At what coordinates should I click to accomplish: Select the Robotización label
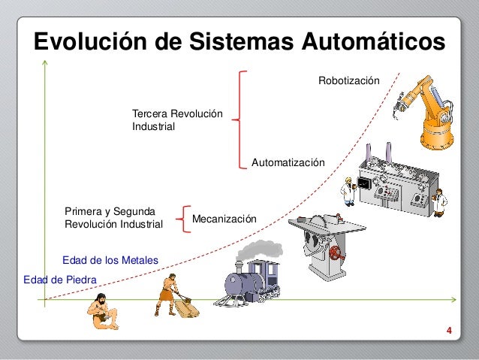click(x=349, y=80)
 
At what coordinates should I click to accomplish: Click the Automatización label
click(x=288, y=162)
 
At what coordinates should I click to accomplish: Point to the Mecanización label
click(x=224, y=219)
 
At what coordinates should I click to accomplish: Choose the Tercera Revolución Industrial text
click(x=177, y=120)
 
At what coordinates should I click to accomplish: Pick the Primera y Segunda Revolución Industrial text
click(x=113, y=218)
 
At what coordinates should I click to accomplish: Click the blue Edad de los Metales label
click(x=110, y=260)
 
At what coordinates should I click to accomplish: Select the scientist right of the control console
click(x=440, y=201)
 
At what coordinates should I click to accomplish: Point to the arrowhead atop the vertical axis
click(x=46, y=61)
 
